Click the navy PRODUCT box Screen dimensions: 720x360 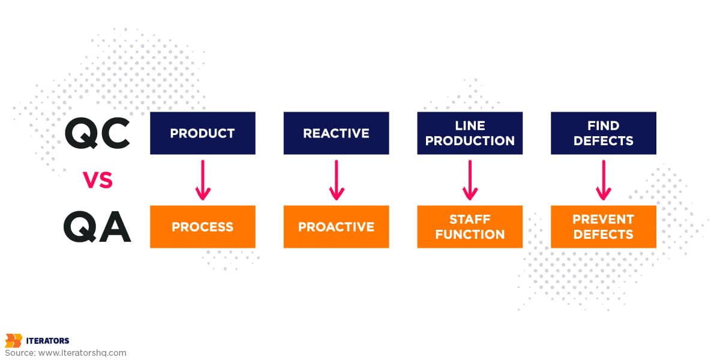203,133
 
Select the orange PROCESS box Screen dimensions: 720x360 203,227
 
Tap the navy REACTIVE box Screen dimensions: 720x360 336,133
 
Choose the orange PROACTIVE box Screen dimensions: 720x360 336,227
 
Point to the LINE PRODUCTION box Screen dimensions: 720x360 470,133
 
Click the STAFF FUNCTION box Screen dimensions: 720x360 470,227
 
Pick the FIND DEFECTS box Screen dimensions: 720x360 604,133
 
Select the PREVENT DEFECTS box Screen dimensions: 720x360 604,227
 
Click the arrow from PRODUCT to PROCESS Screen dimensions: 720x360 203,180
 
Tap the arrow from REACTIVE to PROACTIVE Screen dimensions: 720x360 337,180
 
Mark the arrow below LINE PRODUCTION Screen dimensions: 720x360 470,180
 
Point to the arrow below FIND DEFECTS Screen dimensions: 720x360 604,180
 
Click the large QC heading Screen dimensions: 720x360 97,133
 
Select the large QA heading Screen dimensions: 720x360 97,227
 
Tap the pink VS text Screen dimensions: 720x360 98,180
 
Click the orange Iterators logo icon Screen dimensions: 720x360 13,341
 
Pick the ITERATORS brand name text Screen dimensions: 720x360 47,341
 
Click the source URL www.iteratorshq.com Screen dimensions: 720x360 82,353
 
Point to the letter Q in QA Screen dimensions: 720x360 80,227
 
